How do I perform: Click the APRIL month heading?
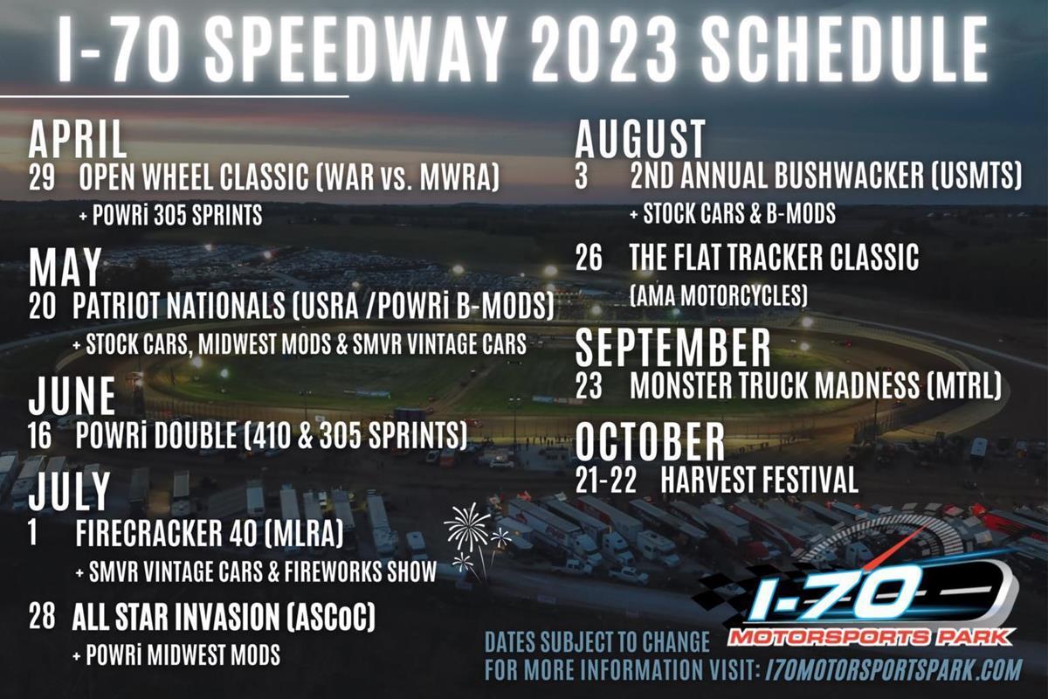pos(78,140)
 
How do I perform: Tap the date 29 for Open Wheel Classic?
pos(42,178)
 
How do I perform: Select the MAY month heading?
pos(65,266)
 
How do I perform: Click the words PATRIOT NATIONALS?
pos(179,306)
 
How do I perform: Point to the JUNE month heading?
pos(72,396)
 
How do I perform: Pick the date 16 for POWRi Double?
pos(40,435)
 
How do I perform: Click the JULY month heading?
pos(70,492)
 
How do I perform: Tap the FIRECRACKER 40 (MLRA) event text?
pos(209,533)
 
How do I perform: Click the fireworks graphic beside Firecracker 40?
pos(476,540)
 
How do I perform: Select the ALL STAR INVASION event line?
pos(224,618)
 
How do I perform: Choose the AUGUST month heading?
pos(640,138)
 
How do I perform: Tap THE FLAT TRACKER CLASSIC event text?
pos(775,257)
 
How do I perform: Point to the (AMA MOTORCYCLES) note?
pos(719,295)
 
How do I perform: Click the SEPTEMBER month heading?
pos(672,347)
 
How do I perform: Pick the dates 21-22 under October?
pos(606,481)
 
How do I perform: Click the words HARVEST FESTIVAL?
pos(759,480)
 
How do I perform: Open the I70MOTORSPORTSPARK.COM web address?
pos(893,669)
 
